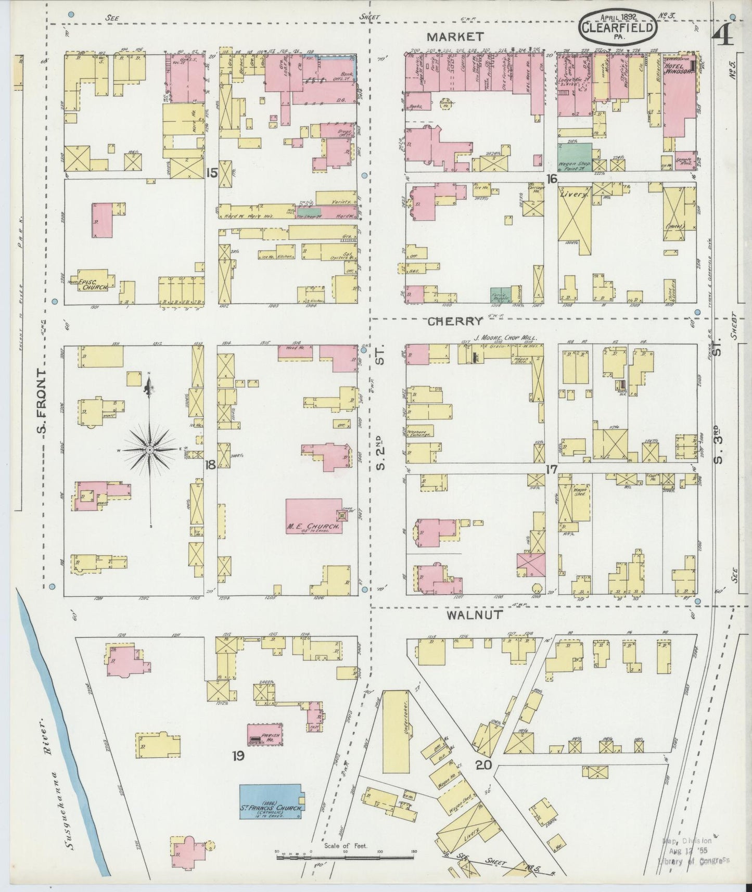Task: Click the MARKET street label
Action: (455, 36)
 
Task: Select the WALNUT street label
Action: (474, 614)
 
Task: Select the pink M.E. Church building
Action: (314, 515)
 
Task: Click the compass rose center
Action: (150, 449)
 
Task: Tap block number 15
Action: (211, 172)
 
